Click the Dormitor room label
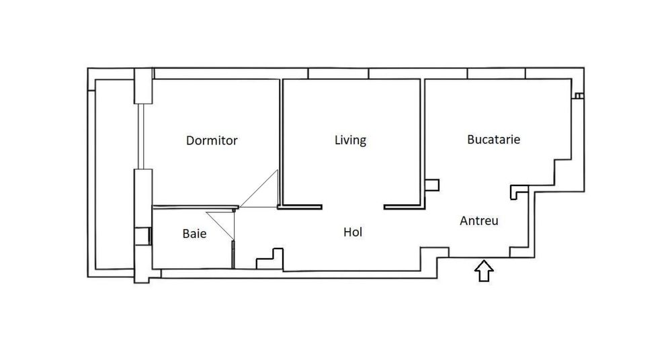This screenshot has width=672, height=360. (x=212, y=141)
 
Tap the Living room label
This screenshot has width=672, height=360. (x=350, y=140)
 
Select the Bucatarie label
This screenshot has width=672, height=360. (x=494, y=140)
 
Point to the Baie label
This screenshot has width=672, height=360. (x=194, y=234)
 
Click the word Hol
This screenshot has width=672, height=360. (x=353, y=232)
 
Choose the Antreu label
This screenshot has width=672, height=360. (x=479, y=220)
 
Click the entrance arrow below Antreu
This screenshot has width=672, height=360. (x=484, y=271)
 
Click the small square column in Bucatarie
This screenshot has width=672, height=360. (x=432, y=185)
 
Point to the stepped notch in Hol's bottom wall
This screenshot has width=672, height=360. (x=271, y=258)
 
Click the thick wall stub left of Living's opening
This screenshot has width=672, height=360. (x=300, y=206)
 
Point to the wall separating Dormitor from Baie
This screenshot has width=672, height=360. (x=195, y=207)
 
